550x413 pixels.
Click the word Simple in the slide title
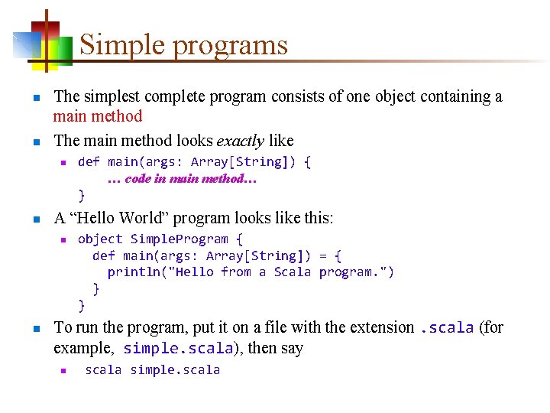tap(122, 45)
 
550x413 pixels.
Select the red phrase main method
tap(98, 116)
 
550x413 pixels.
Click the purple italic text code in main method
tap(183, 179)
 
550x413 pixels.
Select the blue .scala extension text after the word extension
tap(447, 328)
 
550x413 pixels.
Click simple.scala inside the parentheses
tap(178, 349)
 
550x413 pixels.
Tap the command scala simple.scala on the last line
tap(152, 369)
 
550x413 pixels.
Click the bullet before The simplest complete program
tap(36, 98)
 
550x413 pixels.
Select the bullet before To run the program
tap(36, 329)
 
